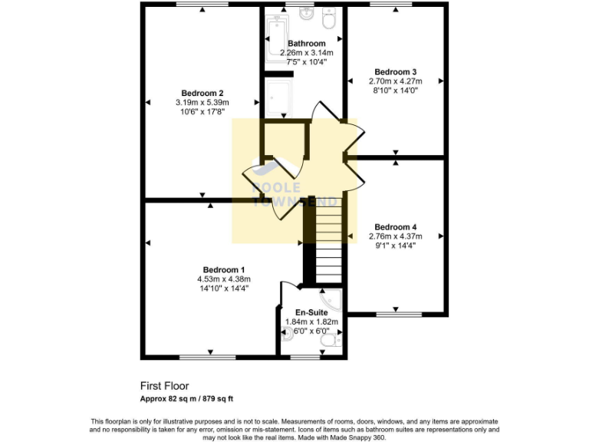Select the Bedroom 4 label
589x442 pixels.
click(395, 226)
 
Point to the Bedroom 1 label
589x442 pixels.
click(223, 269)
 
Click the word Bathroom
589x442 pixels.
click(306, 44)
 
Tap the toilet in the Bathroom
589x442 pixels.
click(331, 16)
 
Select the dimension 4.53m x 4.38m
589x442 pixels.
click(223, 279)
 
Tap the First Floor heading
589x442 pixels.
click(164, 386)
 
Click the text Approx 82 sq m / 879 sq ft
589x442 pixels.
click(186, 399)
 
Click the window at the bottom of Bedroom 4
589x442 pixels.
click(399, 314)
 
